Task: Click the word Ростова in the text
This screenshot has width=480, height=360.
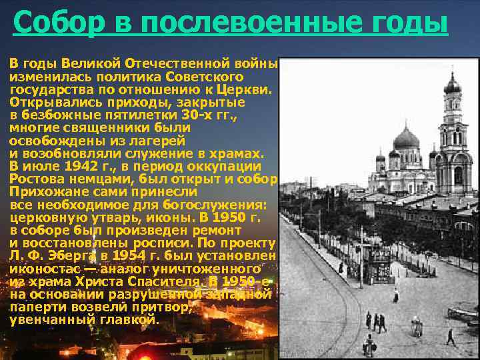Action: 35,179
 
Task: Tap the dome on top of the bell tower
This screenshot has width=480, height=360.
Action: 453,85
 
